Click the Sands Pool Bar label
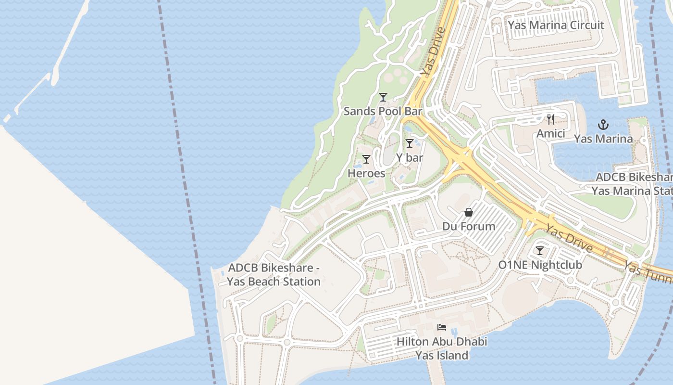pos(383,111)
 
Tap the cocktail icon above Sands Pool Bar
pos(383,97)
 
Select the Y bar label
pos(410,157)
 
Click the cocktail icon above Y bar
pos(410,143)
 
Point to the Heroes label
pos(366,173)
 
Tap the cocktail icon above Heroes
pos(366,159)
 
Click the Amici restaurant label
pos(551,133)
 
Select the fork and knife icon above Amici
pos(551,119)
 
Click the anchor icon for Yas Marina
pos(603,125)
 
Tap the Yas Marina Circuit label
pos(556,25)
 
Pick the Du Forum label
pos(469,226)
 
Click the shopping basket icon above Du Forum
pos(469,212)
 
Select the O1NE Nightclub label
pos(540,265)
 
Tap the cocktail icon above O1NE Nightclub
pos(540,251)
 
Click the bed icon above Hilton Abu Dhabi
pos(442,328)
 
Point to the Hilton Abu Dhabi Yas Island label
pos(442,349)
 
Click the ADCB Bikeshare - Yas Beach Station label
pos(274,275)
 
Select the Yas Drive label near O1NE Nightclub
pos(570,239)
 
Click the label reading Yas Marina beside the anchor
pos(603,139)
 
